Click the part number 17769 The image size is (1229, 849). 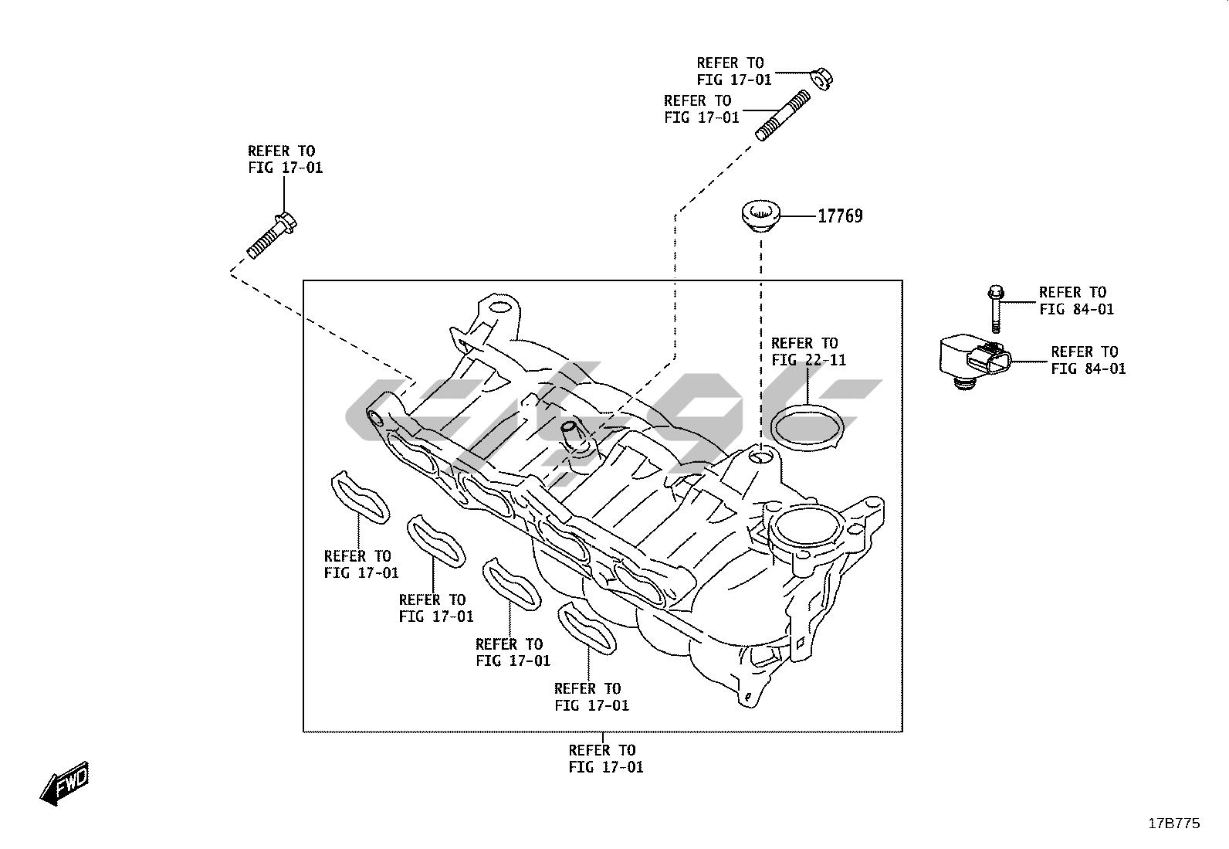840,216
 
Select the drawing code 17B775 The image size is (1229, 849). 1173,824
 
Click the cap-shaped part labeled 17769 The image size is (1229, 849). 761,216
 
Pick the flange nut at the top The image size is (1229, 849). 821,79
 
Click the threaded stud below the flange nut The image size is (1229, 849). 782,116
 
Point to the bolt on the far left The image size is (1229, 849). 273,236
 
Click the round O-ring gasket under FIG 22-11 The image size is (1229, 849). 807,430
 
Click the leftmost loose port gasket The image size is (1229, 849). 361,498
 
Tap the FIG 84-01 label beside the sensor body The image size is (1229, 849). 1088,361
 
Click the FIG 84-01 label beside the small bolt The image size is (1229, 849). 1075,301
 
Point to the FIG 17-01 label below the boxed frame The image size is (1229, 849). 605,759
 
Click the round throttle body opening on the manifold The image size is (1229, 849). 806,531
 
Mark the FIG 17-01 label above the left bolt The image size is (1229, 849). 285,159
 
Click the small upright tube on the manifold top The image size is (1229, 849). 571,435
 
